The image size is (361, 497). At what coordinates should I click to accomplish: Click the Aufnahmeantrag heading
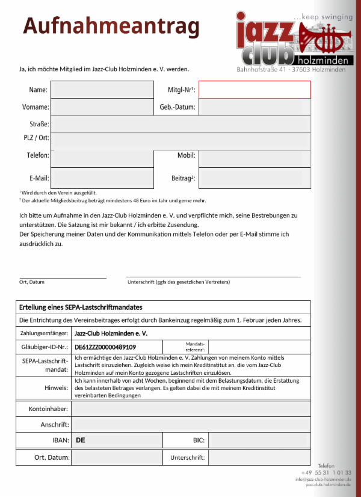[111, 27]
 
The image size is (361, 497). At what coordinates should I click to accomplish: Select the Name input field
[102, 90]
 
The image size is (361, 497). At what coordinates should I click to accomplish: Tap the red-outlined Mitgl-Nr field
[255, 90]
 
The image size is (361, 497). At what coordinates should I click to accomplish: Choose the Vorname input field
[102, 107]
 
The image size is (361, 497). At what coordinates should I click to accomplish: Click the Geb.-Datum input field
[255, 107]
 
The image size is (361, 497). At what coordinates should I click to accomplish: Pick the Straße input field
[180, 124]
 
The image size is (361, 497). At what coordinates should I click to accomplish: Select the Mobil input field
[255, 158]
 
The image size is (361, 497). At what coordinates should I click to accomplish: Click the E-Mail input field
[102, 178]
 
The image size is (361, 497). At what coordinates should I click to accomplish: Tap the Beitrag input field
[255, 178]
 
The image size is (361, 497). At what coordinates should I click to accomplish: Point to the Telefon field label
[38, 155]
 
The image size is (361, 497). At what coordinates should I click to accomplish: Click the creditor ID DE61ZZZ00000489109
[105, 347]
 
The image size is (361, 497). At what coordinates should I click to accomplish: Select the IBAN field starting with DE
[117, 440]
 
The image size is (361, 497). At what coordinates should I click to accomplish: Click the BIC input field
[259, 440]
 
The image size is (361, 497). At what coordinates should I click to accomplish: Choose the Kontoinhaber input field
[191, 409]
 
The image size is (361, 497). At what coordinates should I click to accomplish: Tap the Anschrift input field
[191, 425]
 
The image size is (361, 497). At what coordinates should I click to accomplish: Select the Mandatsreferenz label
[194, 347]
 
